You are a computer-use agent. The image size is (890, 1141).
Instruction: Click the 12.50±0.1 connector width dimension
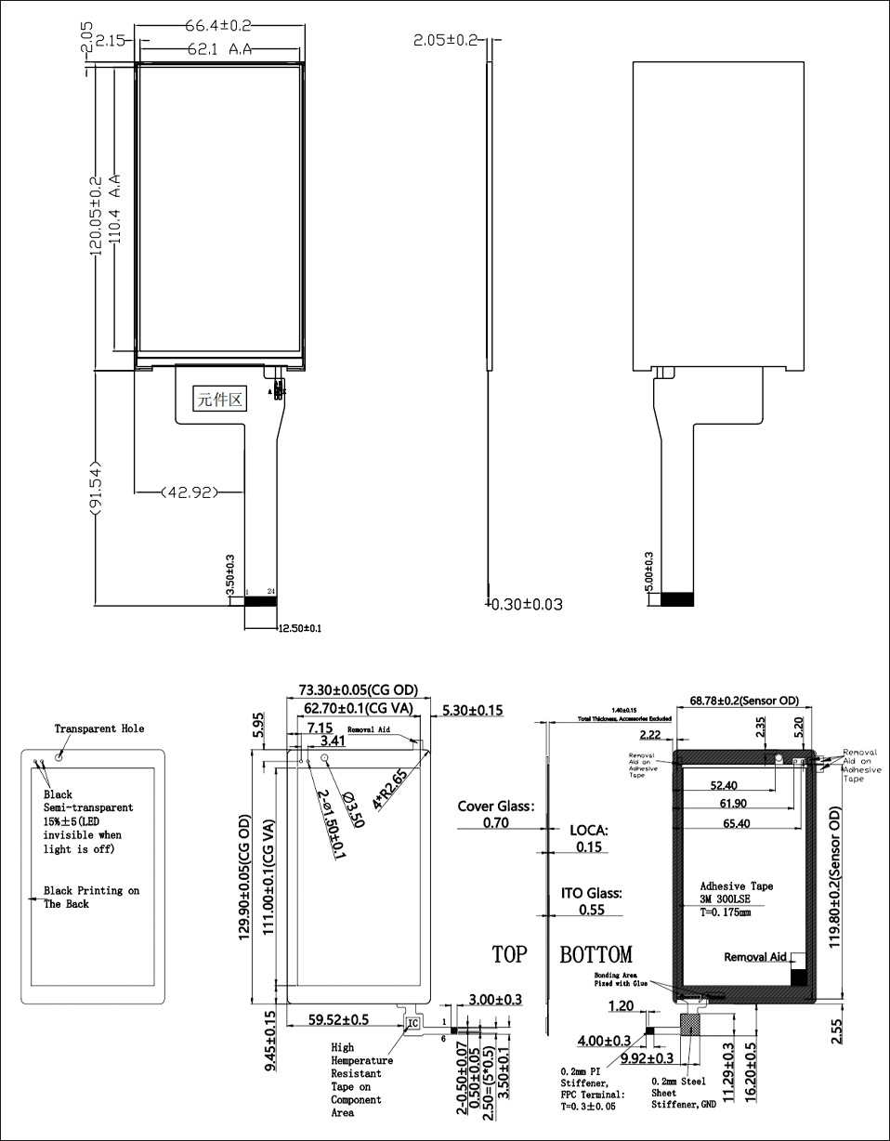coord(300,629)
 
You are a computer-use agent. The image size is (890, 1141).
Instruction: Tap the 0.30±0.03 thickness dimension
coord(526,604)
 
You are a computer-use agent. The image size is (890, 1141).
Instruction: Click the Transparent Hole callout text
coord(99,728)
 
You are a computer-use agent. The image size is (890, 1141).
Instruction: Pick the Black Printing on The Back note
coord(91,897)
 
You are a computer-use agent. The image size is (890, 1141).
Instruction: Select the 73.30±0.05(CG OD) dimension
coord(358,690)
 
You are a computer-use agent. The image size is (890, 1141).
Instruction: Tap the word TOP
coord(509,954)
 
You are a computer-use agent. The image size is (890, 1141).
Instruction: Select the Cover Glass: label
coord(496,806)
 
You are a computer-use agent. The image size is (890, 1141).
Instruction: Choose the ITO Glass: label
coord(591,893)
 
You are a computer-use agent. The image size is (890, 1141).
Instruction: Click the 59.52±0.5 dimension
coord(339,1019)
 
